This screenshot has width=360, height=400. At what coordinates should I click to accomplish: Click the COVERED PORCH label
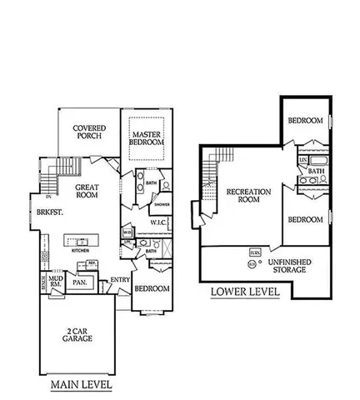[88, 132]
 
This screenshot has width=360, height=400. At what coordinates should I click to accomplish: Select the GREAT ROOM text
[87, 192]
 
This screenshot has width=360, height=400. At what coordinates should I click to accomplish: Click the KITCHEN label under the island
[80, 250]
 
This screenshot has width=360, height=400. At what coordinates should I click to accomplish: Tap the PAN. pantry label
[81, 282]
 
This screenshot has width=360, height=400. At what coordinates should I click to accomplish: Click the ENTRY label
[120, 279]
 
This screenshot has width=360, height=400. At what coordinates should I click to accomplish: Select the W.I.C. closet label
[159, 222]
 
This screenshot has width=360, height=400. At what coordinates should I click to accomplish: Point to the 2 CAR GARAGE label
[79, 336]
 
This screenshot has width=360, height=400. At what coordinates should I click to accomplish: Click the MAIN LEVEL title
[81, 385]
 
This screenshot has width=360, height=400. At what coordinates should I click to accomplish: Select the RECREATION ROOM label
[249, 196]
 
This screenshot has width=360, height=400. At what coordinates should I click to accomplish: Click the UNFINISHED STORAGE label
[290, 266]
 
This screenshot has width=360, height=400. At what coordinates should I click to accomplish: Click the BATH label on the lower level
[317, 171]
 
